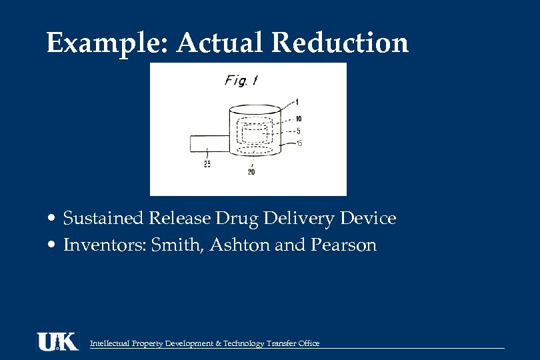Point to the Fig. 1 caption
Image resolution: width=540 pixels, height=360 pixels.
point(241,81)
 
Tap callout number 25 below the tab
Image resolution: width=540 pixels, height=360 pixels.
point(207,165)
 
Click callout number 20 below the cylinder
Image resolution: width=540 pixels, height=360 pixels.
point(251,171)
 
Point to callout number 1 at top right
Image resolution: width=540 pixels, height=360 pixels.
point(297,101)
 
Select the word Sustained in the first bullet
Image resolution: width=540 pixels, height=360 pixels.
point(105,219)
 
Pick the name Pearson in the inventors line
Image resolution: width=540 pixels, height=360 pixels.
point(343,245)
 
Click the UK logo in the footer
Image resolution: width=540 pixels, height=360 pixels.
point(57,341)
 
